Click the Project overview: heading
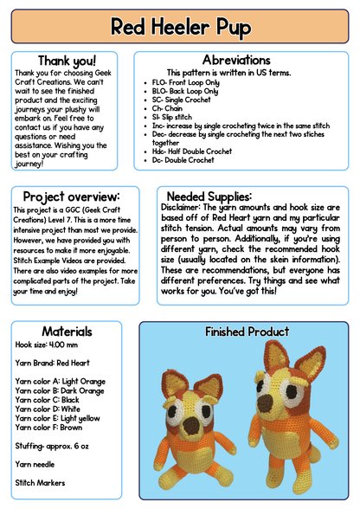point(71,197)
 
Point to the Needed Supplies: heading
point(209,197)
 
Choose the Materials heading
point(67,331)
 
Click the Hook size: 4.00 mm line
point(44,345)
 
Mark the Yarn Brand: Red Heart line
point(52,363)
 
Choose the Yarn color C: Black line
point(50,401)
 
